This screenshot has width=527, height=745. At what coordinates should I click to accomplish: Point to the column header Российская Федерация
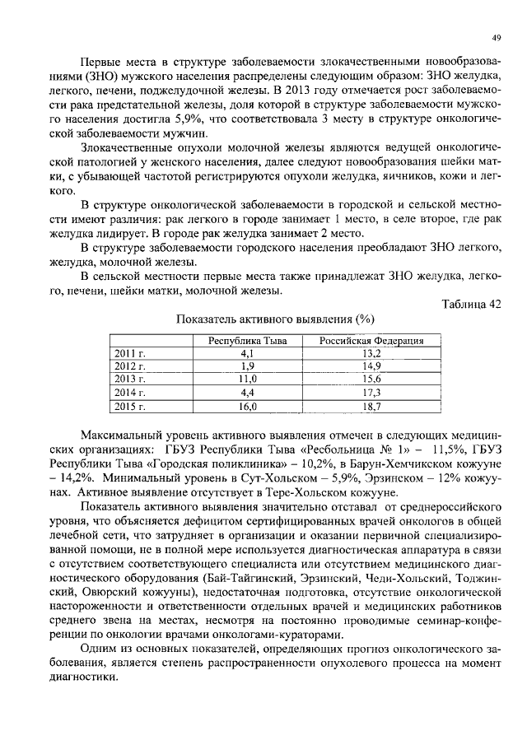pos(371,340)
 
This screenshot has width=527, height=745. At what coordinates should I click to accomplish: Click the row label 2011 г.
pos(130,353)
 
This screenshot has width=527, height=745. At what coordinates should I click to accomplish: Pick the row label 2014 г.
pos(130,393)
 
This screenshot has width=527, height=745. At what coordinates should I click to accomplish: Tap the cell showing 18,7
pos(371,406)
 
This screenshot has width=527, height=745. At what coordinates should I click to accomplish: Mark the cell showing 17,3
pos(371,393)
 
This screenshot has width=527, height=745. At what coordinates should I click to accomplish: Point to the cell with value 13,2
pos(371,353)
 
